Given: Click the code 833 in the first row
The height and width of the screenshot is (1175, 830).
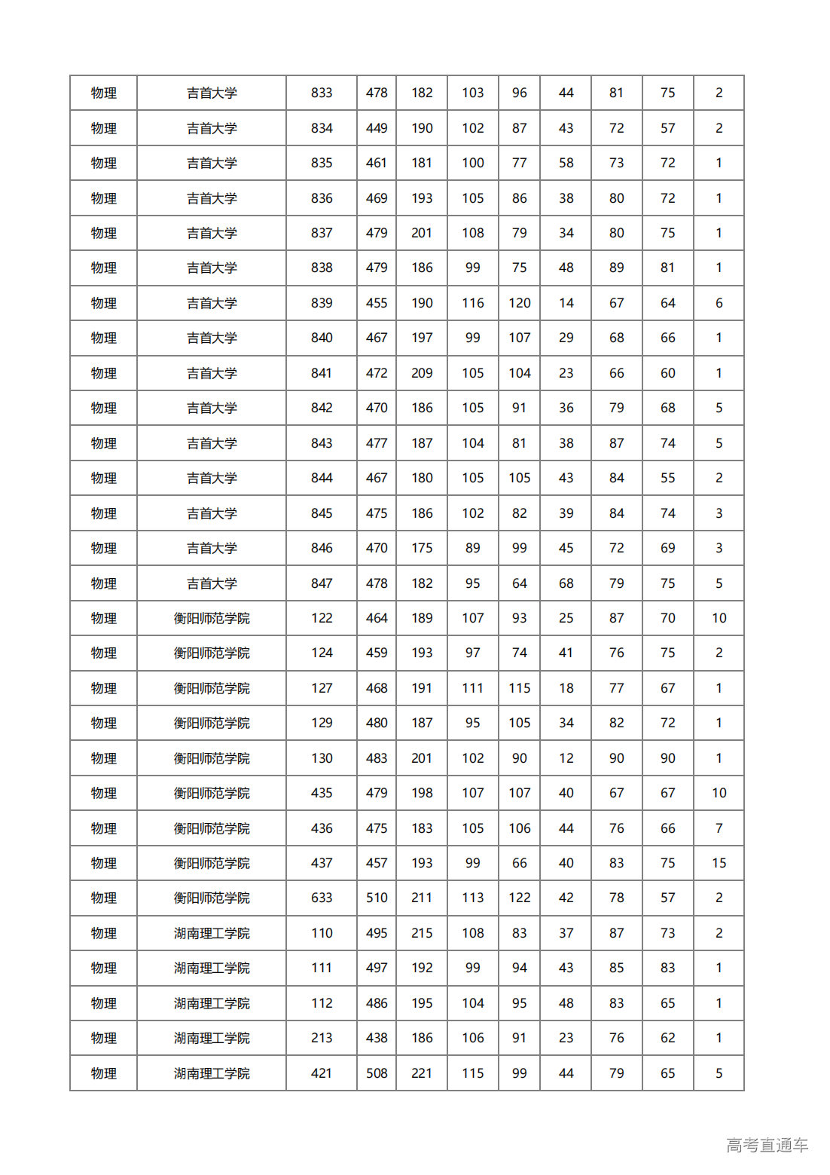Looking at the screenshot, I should [x=322, y=93].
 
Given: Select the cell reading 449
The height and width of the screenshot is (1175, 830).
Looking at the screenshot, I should [x=377, y=128].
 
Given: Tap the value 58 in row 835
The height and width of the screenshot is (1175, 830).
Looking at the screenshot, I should [x=566, y=163].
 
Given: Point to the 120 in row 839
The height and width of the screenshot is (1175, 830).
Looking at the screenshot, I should [x=519, y=303].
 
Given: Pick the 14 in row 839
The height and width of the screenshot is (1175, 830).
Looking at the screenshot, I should [x=566, y=303].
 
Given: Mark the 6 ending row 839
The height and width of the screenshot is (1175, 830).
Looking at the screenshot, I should [x=719, y=303].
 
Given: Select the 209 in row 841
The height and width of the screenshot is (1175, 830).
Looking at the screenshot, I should [x=422, y=373].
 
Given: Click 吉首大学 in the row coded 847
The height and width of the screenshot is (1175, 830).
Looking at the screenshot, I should [x=212, y=583].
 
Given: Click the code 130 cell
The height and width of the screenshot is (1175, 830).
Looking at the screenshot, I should [x=322, y=758].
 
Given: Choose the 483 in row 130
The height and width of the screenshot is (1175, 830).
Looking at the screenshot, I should [x=377, y=758].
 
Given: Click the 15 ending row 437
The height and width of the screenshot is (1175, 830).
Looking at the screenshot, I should [x=719, y=863].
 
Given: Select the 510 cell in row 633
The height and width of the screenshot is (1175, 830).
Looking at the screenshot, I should [x=377, y=898].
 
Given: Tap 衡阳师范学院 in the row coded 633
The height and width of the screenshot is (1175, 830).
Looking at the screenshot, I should [x=212, y=898].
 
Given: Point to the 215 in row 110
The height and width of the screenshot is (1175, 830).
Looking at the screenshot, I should [x=422, y=933].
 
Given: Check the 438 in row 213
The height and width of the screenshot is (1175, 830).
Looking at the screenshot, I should [x=377, y=1038].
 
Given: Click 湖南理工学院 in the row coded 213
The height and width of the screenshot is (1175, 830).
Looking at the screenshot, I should [x=212, y=1038].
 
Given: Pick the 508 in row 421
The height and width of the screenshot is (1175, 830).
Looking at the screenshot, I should [x=377, y=1073].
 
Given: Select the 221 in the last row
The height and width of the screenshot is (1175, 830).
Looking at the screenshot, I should [x=422, y=1073].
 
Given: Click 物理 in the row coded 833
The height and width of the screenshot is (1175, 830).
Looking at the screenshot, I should [x=104, y=93].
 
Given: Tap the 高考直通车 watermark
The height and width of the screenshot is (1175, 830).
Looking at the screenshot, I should [x=767, y=1146].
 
